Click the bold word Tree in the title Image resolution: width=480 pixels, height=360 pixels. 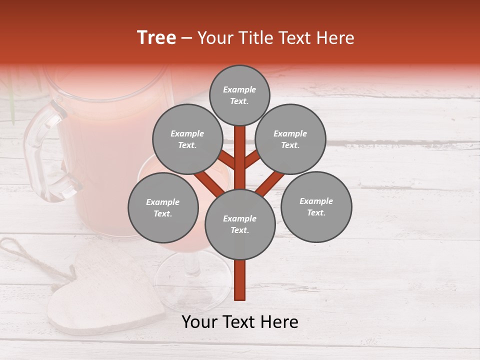coord(156,38)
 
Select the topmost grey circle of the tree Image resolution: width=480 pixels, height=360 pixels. coord(239,95)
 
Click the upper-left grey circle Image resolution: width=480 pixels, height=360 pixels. coord(187,139)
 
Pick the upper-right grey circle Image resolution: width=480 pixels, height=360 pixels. coord(290,139)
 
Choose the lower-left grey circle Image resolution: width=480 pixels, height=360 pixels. coord(163,207)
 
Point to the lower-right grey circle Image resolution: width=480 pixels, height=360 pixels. coord(316,206)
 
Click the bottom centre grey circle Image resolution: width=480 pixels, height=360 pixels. coord(240,224)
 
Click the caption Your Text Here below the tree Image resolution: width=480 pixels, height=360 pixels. coord(240,322)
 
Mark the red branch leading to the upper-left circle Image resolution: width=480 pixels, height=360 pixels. coord(226,159)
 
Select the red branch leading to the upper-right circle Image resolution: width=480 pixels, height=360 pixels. coord(253,159)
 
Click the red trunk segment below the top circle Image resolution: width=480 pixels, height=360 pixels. coord(240,150)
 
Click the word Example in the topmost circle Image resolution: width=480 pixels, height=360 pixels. coord(239,89)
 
